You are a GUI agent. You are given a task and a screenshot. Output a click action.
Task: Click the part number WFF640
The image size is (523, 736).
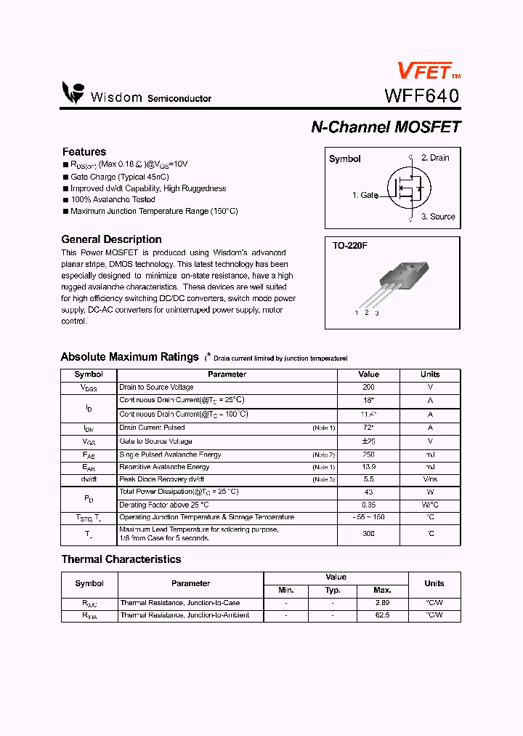pyautogui.click(x=422, y=96)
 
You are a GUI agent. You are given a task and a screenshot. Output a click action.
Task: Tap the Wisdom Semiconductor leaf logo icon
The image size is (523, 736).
pyautogui.click(x=73, y=93)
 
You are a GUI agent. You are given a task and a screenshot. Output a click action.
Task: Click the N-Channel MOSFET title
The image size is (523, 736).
pyautogui.click(x=386, y=127)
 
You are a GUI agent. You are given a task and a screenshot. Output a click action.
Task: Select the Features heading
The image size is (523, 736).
pyautogui.click(x=84, y=151)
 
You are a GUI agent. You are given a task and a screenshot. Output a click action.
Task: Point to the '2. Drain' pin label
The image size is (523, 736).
pyautogui.click(x=435, y=158)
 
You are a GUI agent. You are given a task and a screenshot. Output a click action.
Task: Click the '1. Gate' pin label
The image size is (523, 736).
pyautogui.click(x=365, y=195)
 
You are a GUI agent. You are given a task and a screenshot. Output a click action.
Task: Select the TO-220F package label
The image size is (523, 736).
pyautogui.click(x=350, y=246)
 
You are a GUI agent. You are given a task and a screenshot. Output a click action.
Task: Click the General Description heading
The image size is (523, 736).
pyautogui.click(x=111, y=239)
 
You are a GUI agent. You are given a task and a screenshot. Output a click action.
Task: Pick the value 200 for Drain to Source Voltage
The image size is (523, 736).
pyautogui.click(x=368, y=388)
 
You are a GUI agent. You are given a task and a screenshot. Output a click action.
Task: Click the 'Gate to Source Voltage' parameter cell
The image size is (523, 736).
pyautogui.click(x=156, y=441)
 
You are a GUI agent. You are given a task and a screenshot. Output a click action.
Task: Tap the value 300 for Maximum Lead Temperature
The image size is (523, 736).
pyautogui.click(x=368, y=534)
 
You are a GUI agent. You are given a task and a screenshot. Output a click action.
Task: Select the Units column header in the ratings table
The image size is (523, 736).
pyautogui.click(x=430, y=375)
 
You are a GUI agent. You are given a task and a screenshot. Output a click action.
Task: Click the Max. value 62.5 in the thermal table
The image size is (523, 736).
pyautogui.click(x=382, y=615)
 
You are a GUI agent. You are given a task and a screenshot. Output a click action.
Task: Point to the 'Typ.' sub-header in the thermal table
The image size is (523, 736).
pyautogui.click(x=333, y=590)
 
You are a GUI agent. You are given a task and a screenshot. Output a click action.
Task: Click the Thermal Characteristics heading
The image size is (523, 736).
pyautogui.click(x=121, y=559)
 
